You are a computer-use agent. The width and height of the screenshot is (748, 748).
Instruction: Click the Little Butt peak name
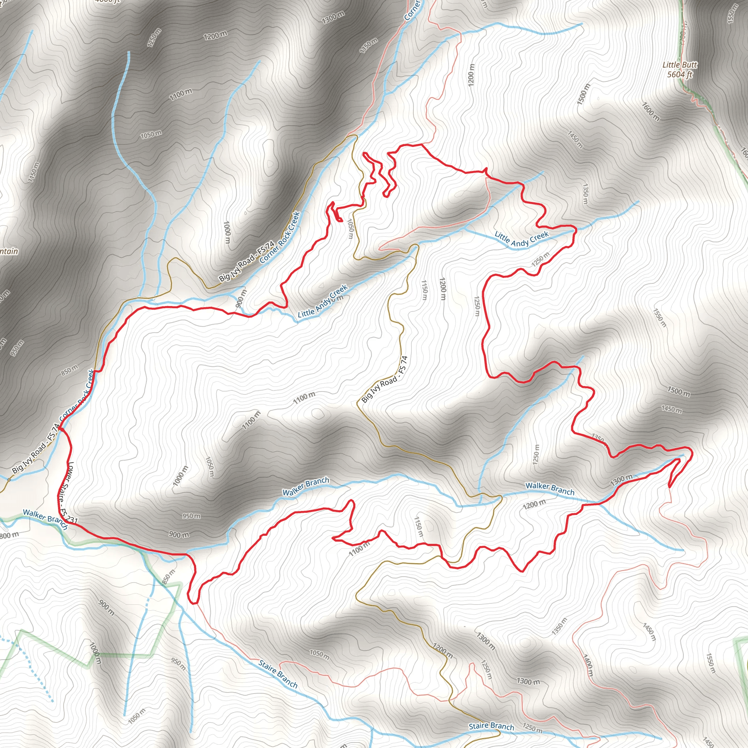(680, 65)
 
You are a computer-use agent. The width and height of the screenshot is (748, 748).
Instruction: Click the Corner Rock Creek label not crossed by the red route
(280, 237)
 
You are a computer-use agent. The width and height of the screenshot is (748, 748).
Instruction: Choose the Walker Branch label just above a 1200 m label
(550, 489)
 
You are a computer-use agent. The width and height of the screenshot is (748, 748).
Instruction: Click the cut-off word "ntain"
(8, 251)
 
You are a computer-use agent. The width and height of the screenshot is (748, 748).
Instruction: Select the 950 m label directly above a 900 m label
(191, 516)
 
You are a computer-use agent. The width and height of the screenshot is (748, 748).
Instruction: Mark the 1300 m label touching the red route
(621, 480)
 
